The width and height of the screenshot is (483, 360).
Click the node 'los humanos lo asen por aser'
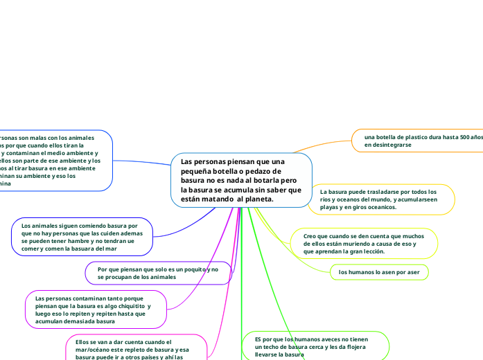pos(379,273)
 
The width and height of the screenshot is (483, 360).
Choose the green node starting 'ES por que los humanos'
pos(316,346)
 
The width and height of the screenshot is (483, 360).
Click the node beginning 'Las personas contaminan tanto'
pos(96,309)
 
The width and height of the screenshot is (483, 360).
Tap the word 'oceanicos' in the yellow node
pos(378,207)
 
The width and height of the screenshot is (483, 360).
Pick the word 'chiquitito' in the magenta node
pos(125,306)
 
